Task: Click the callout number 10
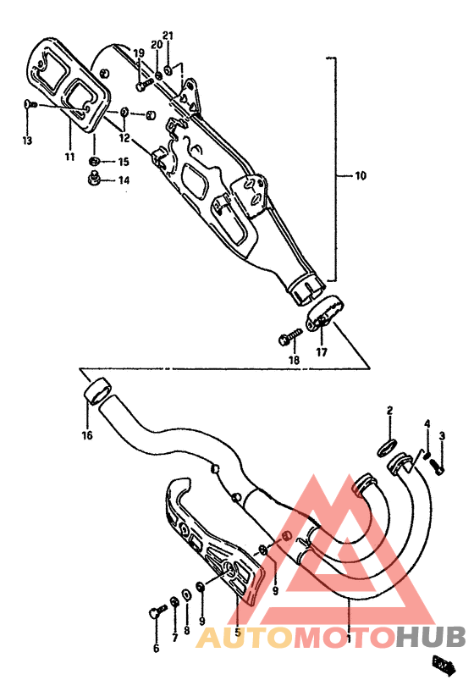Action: [360, 176]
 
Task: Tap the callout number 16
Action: [87, 436]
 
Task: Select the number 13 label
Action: [27, 140]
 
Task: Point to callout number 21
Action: [168, 36]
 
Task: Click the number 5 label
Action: [238, 632]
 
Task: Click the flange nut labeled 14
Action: [95, 178]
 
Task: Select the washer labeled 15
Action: [96, 160]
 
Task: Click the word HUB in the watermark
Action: [431, 637]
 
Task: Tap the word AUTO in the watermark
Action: [245, 637]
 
